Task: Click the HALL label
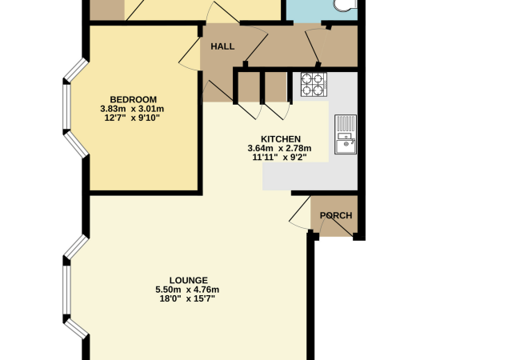[x=222, y=46]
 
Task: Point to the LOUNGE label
[x=187, y=280]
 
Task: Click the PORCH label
[x=336, y=216]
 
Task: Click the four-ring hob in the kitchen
[x=312, y=84]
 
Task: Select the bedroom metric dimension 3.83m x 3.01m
[x=133, y=110]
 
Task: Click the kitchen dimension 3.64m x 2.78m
[x=279, y=148]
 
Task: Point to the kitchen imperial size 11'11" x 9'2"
[x=279, y=157]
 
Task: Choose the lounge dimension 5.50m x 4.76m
[x=187, y=290]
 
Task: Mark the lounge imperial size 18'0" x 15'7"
[x=187, y=298]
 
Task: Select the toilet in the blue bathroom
[x=346, y=6]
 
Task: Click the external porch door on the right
[x=342, y=226]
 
